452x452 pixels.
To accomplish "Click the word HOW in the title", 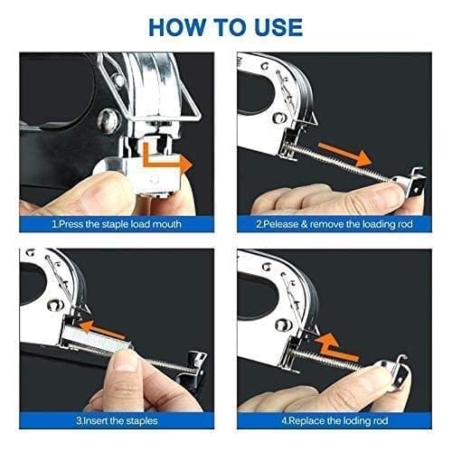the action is (176, 27).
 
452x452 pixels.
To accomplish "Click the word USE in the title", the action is (278, 27).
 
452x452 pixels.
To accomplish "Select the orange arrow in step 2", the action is (345, 155).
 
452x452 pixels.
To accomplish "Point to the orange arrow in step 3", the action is (102, 329).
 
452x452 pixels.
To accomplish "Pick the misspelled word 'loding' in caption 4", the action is (353, 420).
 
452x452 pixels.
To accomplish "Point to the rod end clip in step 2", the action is (410, 184).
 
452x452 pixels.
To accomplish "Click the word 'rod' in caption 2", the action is (405, 224).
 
